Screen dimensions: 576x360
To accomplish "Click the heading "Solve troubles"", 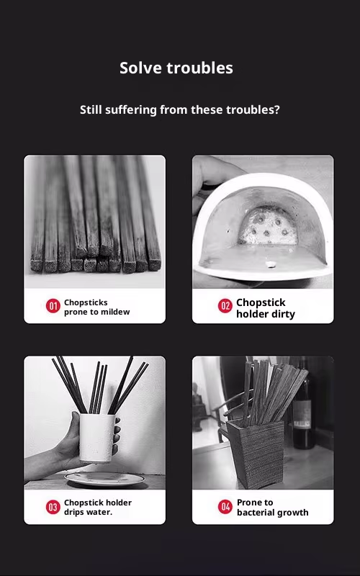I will [176, 68].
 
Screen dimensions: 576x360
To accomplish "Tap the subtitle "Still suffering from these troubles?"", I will [179, 110].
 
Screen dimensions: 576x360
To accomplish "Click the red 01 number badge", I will [53, 307].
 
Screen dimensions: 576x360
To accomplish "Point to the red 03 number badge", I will [53, 507].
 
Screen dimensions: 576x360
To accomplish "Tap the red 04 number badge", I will [225, 507].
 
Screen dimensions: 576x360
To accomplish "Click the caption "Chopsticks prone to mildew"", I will [96, 307].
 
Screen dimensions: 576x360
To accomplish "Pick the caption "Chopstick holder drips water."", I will [98, 508].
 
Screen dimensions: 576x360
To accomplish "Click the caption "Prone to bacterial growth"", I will [272, 508].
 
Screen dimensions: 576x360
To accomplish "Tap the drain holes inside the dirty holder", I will [269, 229].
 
